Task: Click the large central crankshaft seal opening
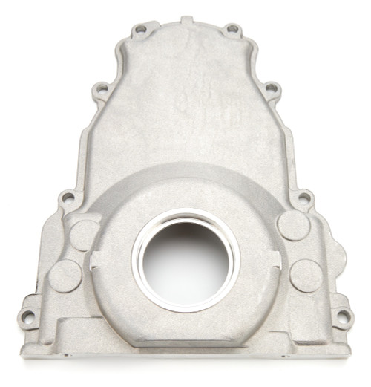point(185,259)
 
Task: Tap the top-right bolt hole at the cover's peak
point(232,30)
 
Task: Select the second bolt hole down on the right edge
point(272,88)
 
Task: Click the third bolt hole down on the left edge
point(68,198)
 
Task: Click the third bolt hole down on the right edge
point(303,198)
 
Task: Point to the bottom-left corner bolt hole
point(28,317)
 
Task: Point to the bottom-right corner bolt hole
point(343,316)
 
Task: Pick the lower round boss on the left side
point(65,276)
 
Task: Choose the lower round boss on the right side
point(306,275)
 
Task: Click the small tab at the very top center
point(186,20)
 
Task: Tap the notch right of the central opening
point(276,259)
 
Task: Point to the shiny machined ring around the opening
point(185,215)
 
